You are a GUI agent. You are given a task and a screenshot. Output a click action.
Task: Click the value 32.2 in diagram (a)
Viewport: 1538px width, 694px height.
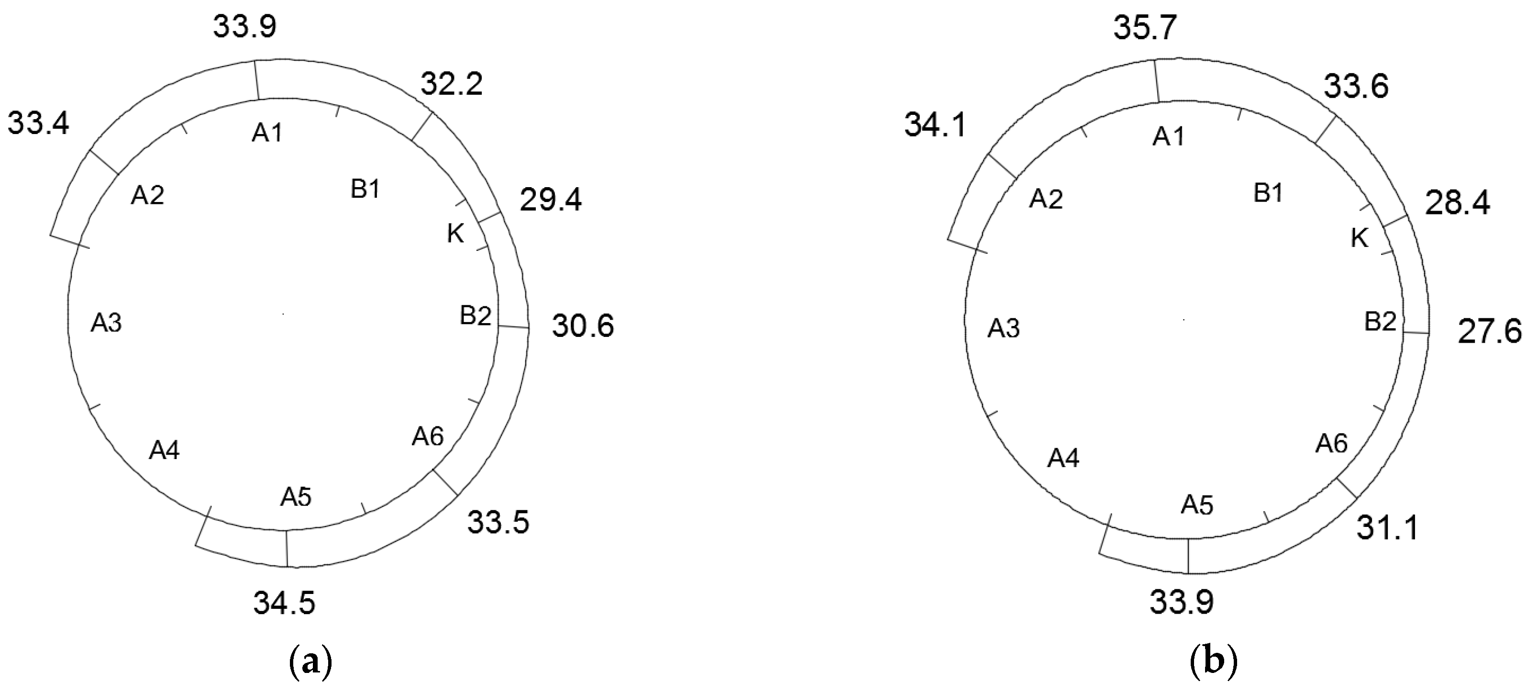pyautogui.click(x=452, y=85)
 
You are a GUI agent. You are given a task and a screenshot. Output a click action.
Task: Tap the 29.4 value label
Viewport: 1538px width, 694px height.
pyautogui.click(x=551, y=201)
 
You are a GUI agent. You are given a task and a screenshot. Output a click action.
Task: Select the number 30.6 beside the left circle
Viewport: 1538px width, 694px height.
pyautogui.click(x=583, y=327)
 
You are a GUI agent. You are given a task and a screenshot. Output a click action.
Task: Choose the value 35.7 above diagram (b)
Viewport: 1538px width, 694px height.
pyautogui.click(x=1145, y=29)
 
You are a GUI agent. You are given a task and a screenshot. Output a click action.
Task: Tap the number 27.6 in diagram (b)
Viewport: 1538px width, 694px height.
pyautogui.click(x=1490, y=332)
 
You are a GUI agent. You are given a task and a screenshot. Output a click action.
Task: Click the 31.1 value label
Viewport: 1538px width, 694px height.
pyautogui.click(x=1387, y=528)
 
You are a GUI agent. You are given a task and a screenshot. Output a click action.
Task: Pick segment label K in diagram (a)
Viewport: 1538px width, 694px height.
pyautogui.click(x=455, y=235)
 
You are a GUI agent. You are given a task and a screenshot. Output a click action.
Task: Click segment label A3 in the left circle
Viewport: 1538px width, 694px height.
pyautogui.click(x=106, y=323)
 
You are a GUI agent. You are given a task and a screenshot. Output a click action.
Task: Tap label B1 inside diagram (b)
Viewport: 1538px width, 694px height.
pyautogui.click(x=1268, y=193)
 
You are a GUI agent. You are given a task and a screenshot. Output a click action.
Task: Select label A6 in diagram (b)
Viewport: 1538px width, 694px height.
pyautogui.click(x=1332, y=444)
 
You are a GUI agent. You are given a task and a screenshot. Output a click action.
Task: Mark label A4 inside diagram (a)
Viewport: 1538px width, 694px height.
pyautogui.click(x=164, y=450)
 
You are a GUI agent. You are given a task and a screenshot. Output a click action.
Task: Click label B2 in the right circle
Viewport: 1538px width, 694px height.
pyautogui.click(x=1381, y=323)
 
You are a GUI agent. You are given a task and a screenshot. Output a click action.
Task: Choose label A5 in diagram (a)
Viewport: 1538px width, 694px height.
pyautogui.click(x=296, y=497)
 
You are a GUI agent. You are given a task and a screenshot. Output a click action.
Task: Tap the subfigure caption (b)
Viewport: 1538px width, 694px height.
pyautogui.click(x=1213, y=663)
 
